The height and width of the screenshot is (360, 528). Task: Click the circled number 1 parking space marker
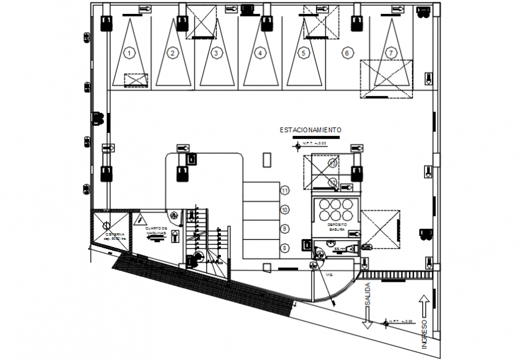(129, 53)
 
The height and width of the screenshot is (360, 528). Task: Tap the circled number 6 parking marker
(347, 53)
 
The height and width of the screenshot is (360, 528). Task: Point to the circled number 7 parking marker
(391, 53)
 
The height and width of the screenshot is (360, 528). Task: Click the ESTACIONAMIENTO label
(310, 130)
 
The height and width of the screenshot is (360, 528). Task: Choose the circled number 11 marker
(285, 190)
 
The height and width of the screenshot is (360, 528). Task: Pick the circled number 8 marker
(285, 248)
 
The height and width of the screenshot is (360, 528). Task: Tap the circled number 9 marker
(285, 228)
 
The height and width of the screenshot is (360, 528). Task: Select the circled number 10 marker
(285, 209)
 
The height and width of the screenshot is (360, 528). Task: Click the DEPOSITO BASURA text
(337, 226)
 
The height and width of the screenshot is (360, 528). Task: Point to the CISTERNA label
(115, 236)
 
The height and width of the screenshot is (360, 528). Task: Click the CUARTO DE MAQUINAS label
(156, 231)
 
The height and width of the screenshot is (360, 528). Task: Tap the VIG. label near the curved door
(330, 274)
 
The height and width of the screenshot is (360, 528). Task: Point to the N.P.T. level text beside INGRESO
(401, 321)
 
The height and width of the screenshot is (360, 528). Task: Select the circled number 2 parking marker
(172, 53)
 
